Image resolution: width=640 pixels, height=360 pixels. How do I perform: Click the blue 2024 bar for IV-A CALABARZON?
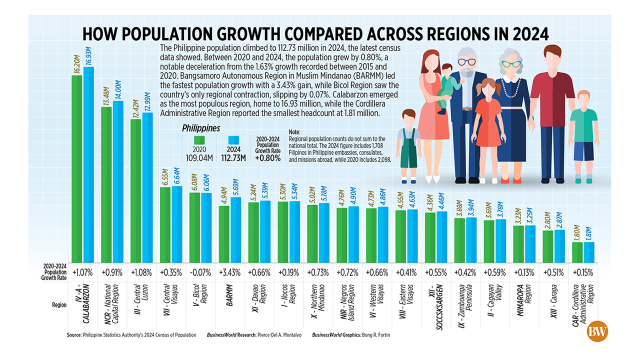click(x=88, y=165)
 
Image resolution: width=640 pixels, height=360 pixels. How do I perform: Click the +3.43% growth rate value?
click(x=229, y=274)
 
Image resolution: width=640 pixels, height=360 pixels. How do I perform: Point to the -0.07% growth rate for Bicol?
click(x=200, y=274)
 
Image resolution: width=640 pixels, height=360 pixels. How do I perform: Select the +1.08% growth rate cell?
click(x=141, y=274)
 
